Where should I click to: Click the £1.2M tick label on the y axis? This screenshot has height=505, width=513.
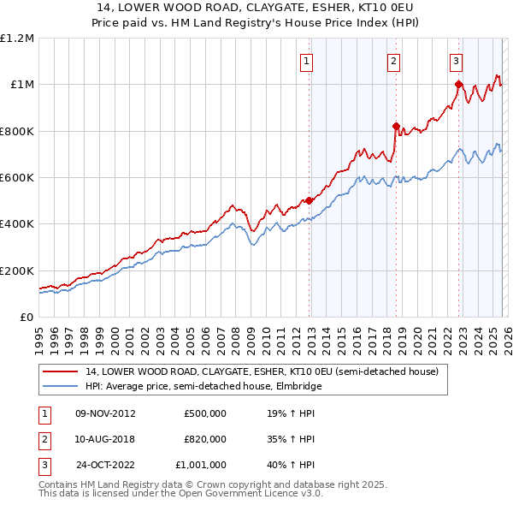(x=17, y=39)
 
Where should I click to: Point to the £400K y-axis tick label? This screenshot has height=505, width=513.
(x=17, y=224)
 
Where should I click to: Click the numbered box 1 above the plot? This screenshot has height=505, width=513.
(x=306, y=61)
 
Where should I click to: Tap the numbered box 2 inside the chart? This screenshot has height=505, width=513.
(x=392, y=61)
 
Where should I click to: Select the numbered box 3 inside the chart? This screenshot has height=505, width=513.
(x=456, y=61)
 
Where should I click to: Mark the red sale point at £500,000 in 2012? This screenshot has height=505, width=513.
(x=310, y=201)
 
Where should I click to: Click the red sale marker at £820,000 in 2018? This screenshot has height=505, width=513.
(x=396, y=127)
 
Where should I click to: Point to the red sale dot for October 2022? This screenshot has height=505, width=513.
(x=459, y=84)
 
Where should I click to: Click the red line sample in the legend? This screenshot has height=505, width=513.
(x=62, y=372)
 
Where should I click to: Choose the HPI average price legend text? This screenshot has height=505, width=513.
(x=203, y=387)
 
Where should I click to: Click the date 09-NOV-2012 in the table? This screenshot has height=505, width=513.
(x=106, y=413)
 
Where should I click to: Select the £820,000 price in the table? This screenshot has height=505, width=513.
(x=204, y=439)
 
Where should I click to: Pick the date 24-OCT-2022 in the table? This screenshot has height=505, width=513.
(x=106, y=465)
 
